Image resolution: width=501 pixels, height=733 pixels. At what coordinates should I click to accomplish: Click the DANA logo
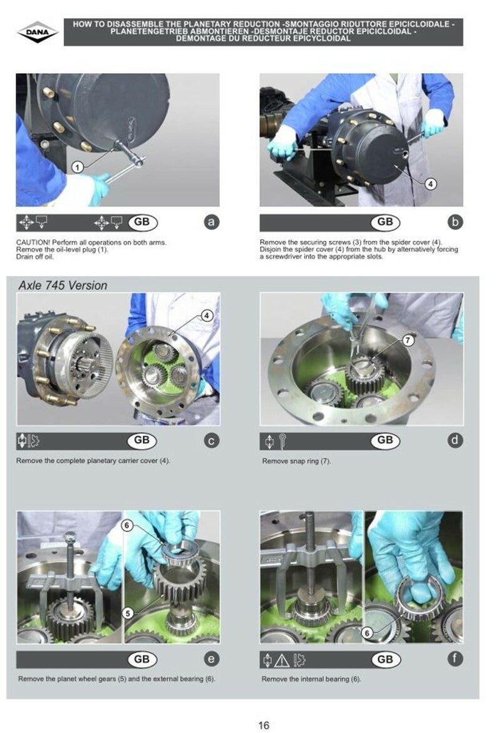pos(38,33)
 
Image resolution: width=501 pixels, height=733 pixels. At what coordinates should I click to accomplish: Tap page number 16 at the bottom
pos(264,725)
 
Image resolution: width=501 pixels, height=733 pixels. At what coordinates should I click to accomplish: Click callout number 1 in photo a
pos(78,167)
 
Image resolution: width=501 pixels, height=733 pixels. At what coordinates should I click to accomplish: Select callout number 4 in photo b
pos(430,183)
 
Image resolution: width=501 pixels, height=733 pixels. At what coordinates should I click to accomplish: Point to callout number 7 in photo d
pos(408,340)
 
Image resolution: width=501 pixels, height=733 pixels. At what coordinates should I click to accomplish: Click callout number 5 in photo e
pos(128,613)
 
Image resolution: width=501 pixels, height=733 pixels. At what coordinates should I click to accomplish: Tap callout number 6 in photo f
pos(367,633)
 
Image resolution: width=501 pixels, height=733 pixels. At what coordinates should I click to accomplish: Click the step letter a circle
pos(212,222)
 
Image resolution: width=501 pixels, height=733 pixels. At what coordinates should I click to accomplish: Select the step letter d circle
pos(455,440)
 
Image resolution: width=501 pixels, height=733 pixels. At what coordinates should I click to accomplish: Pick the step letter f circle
pos(455,659)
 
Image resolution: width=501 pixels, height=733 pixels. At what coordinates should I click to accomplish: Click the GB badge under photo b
pos(385,222)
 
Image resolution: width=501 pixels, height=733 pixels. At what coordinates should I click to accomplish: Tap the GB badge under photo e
pos(142,659)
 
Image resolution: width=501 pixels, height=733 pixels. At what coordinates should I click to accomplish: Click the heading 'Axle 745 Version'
pos(63,285)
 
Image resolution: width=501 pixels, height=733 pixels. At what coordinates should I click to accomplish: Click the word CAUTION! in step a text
pos(33,242)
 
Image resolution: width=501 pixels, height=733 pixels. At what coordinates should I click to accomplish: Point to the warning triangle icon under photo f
pos(282,660)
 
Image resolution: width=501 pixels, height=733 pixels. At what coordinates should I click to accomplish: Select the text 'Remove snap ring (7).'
pos(297,461)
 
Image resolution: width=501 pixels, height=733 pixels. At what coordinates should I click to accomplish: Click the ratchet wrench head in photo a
pos(137,160)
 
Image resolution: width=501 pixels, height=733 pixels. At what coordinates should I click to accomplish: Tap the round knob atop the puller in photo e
pos(70,536)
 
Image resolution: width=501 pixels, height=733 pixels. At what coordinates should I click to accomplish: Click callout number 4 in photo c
pos(206,315)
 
